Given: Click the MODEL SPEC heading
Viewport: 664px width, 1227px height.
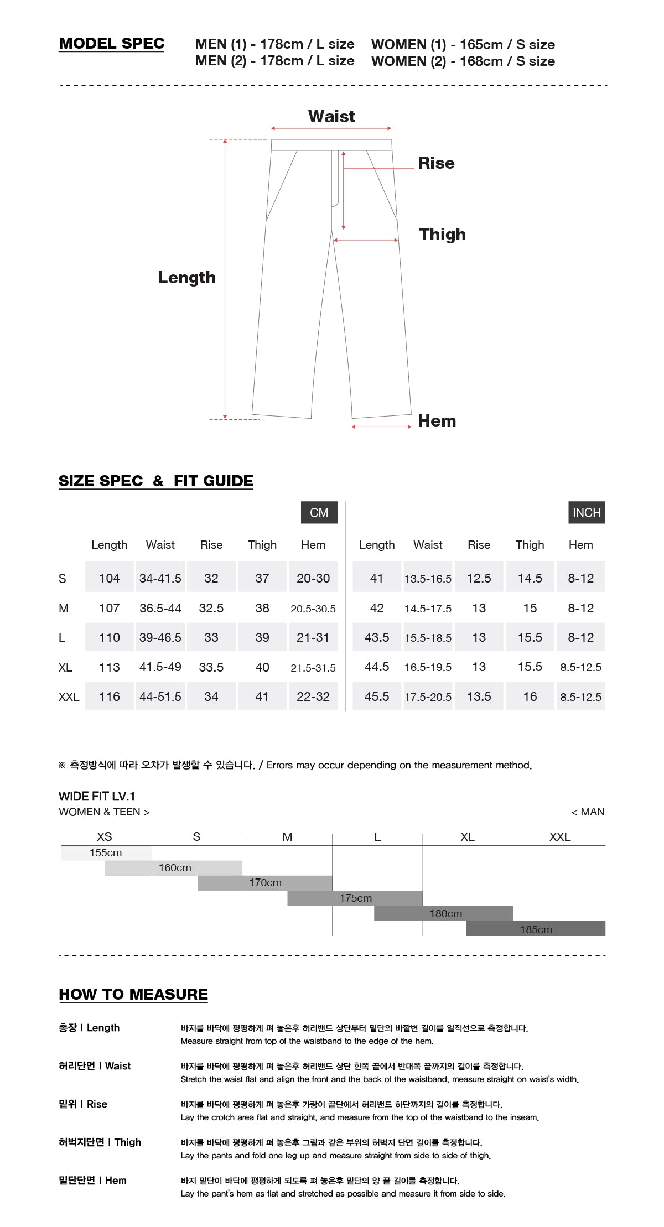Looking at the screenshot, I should (x=112, y=44).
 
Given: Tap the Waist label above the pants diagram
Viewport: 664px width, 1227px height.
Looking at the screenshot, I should (x=331, y=117).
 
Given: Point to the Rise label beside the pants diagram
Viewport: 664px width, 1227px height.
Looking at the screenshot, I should (x=436, y=163).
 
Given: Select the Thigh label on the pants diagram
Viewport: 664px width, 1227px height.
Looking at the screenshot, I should (x=442, y=235).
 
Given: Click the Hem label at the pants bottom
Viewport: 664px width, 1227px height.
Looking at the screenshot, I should (x=437, y=421).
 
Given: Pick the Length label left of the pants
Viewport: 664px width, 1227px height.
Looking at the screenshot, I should (x=186, y=278).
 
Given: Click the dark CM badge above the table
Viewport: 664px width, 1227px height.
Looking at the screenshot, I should (x=319, y=513).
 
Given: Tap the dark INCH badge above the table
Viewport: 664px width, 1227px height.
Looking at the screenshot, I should (x=586, y=513).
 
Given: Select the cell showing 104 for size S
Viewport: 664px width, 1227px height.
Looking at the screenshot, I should (x=109, y=578).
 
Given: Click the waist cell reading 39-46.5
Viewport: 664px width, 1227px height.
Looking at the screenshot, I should (x=160, y=637).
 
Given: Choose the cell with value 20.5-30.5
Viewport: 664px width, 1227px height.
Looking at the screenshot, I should (x=313, y=609).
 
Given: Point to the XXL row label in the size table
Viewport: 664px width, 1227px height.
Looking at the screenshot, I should (x=69, y=697).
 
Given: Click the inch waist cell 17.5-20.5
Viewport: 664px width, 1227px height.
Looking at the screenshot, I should (x=428, y=697).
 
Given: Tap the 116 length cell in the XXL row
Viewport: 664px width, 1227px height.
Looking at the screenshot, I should (x=109, y=697).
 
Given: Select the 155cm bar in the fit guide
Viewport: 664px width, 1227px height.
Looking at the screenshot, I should (x=106, y=853).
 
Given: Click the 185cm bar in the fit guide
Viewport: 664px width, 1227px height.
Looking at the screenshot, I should (x=536, y=929).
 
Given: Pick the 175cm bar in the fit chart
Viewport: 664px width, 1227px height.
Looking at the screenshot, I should (x=355, y=898).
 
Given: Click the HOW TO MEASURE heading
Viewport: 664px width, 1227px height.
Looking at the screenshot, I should (x=133, y=994).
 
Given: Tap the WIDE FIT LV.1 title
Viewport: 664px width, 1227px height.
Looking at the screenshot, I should (x=97, y=797).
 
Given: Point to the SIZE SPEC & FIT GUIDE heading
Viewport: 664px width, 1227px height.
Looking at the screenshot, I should (x=156, y=481).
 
